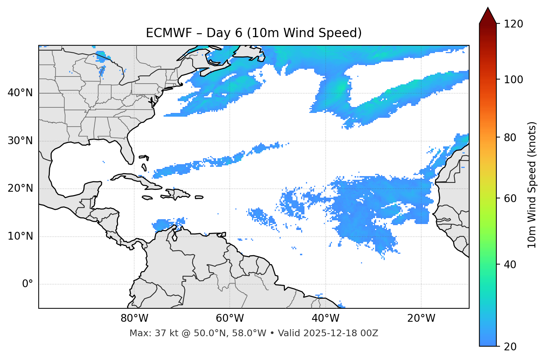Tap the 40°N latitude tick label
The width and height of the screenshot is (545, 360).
20,93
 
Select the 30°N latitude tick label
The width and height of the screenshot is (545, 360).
20,141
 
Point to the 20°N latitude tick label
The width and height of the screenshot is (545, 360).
20,189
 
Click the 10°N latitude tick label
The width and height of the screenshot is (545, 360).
20,236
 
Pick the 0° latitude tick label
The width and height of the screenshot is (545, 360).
27,284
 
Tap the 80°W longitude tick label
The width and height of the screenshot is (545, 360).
134,318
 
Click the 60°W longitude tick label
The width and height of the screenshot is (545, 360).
230,318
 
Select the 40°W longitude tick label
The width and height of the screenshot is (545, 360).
325,318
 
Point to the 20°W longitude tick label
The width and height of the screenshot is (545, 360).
421,318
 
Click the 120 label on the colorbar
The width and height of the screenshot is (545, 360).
513,24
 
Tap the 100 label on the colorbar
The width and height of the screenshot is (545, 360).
513,80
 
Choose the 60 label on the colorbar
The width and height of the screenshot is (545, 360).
510,198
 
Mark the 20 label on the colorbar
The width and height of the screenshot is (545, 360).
510,347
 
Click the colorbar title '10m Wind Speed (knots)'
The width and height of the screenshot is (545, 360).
532,185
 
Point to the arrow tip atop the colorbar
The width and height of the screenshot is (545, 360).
488,8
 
